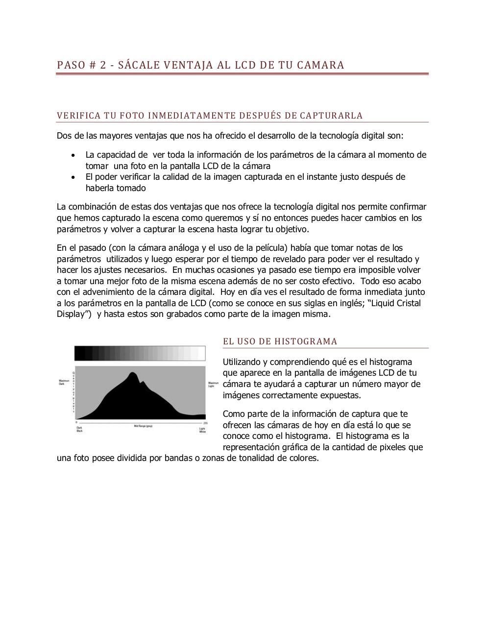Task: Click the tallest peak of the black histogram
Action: coord(132,374)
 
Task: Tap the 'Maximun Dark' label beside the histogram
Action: coord(62,382)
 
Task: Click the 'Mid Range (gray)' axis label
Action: coord(143,426)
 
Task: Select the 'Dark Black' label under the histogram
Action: coord(79,430)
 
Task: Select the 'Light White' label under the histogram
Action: coord(202,430)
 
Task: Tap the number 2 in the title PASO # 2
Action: coord(103,65)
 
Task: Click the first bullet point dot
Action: coord(73,155)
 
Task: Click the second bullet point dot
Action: coord(73,177)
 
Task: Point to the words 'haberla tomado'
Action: coord(115,188)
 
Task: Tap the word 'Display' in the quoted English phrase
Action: coord(71,314)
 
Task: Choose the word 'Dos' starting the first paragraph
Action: coord(64,136)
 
